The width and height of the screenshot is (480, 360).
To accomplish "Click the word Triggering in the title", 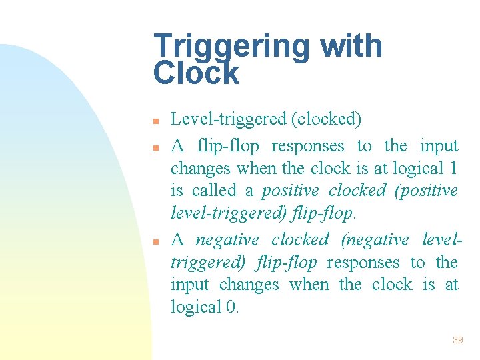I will coord(231,47).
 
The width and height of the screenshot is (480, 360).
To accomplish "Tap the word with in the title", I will coord(351,46).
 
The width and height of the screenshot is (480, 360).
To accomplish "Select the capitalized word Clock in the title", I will coord(196,73).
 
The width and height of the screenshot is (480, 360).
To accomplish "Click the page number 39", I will coord(457,340).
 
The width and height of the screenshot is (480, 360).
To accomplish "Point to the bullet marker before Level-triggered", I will coord(155,121).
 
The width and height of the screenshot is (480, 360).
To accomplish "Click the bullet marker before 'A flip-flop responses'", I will coord(155,147).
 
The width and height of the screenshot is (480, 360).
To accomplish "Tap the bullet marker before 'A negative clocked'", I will coord(155,241).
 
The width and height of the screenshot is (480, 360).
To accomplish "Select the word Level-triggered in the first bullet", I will coord(229,120).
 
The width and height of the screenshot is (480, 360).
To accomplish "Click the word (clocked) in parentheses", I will coord(326,120).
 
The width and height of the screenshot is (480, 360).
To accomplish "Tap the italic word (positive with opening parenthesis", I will coord(426,191).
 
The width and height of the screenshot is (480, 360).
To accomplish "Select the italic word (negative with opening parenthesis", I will coord(375,239).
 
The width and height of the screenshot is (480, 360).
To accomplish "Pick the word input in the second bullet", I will coord(439,145).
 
